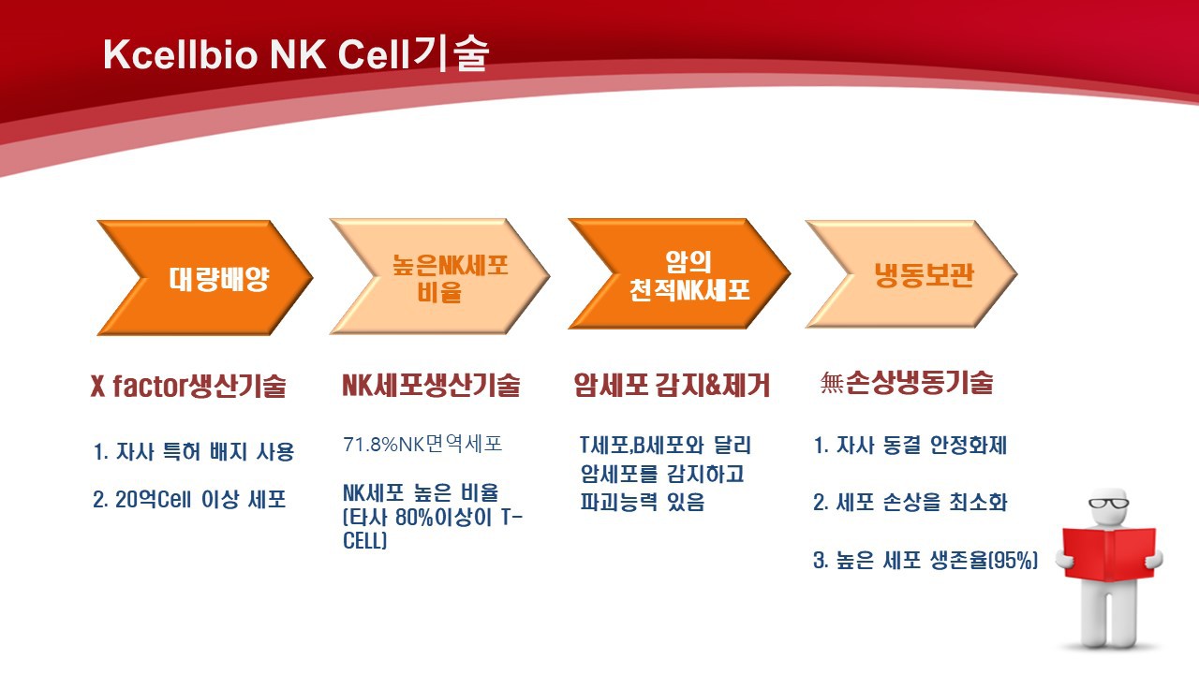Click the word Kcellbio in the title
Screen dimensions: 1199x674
coord(181,54)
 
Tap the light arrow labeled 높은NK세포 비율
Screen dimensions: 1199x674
coord(440,276)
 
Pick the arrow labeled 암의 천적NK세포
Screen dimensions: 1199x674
coord(679,274)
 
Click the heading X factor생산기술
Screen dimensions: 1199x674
coord(188,385)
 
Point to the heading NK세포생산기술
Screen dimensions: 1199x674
coord(431,385)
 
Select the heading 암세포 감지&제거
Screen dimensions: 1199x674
coord(672,385)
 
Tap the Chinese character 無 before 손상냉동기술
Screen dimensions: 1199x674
coord(832,383)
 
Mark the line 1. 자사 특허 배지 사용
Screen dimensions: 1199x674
coord(194,451)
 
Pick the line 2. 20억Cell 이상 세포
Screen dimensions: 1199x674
coord(189,500)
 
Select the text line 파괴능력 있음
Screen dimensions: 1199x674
coord(643,502)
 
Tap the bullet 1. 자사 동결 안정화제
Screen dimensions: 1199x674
coord(910,445)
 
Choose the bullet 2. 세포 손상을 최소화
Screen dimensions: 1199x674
coord(910,502)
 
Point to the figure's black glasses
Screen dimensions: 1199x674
coord(1108,504)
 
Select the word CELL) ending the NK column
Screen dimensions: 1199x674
coord(364,541)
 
